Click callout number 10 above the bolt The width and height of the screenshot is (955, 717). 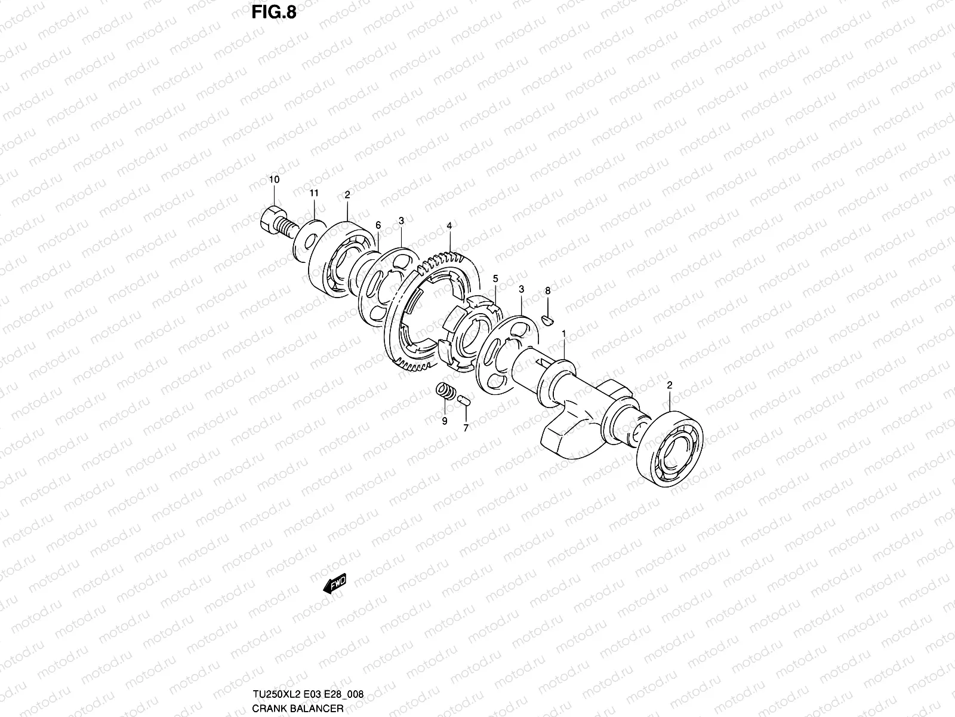(274, 179)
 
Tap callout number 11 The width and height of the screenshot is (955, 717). (314, 192)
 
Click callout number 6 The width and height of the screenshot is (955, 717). (378, 225)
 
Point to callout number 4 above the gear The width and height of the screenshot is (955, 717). (449, 226)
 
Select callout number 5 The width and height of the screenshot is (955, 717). (495, 278)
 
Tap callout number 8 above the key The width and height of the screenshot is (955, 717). (548, 291)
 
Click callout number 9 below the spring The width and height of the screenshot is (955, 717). (444, 421)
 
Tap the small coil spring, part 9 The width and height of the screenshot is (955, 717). (445, 393)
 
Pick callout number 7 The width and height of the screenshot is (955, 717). (466, 428)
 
